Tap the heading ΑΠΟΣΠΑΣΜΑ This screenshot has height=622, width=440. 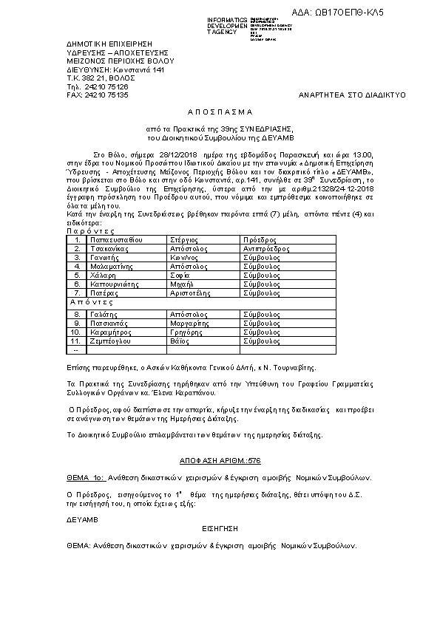220,112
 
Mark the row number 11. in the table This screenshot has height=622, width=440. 75,341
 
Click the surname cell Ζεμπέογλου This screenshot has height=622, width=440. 111,341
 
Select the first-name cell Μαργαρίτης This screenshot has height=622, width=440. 192,324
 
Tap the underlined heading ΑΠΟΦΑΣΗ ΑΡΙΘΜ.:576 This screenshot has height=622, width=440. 220,460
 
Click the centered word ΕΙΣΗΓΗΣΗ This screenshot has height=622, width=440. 220,530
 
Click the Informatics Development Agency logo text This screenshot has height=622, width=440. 227,26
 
